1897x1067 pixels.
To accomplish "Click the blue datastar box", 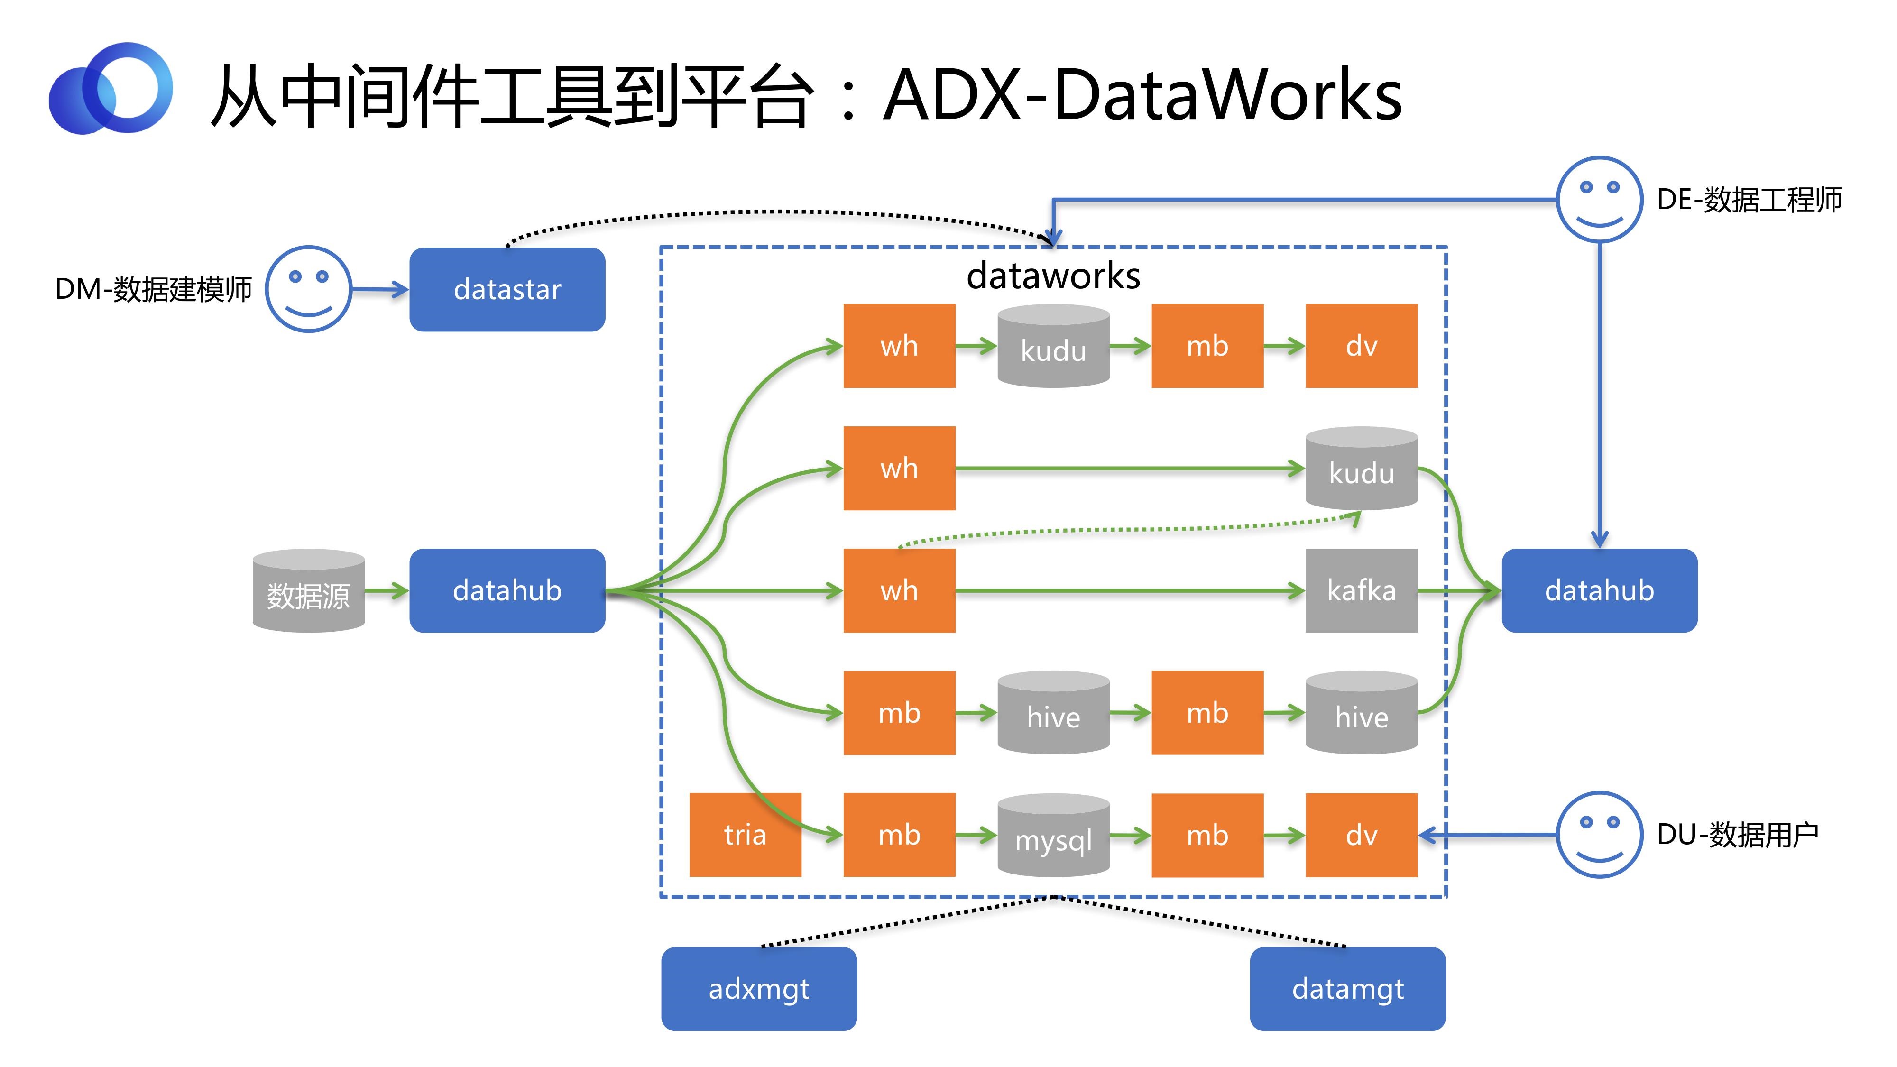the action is coord(507,289).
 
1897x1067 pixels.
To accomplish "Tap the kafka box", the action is coord(1361,590).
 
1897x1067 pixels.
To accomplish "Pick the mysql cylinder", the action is coord(1053,835).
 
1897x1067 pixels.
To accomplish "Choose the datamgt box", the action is coord(1348,988).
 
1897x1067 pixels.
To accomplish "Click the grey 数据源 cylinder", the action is coord(309,590).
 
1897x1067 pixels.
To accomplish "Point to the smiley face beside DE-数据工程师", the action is coord(1600,199).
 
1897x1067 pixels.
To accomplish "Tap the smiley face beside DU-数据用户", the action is coord(1600,834).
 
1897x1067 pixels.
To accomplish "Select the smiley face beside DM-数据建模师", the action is coord(308,289).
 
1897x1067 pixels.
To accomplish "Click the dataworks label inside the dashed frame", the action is coord(1053,276).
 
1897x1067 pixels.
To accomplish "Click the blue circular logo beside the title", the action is coord(111,88).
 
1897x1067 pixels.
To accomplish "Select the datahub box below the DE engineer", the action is coord(1600,590).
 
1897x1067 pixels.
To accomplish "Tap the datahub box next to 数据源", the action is coord(507,590).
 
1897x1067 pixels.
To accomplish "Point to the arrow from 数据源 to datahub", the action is coord(387,590).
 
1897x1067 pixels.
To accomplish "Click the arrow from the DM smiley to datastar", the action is coord(380,289).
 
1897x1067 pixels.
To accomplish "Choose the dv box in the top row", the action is coord(1361,345).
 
